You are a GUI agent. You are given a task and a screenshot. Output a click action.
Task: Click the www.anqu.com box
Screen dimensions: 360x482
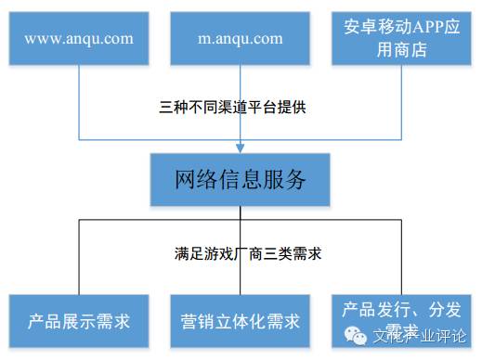coord(78,38)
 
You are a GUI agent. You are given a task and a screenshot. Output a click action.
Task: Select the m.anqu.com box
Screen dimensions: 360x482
coord(241,38)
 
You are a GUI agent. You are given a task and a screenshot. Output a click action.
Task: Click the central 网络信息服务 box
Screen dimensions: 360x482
coord(241,179)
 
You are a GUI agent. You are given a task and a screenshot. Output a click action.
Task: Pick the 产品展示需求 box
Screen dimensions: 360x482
coord(78,322)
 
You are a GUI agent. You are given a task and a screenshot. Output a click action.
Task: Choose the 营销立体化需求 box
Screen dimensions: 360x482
coord(241,322)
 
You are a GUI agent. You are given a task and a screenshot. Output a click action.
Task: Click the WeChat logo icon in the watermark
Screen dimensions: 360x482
coord(356,334)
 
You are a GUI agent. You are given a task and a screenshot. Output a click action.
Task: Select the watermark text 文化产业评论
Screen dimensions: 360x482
coord(419,335)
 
